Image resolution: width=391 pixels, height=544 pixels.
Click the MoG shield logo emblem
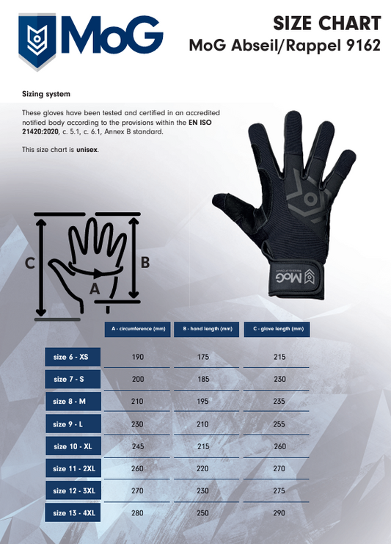pyautogui.click(x=37, y=41)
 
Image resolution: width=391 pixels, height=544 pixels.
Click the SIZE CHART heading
pyautogui.click(x=327, y=23)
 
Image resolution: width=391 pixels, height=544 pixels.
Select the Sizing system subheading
pyautogui.click(x=46, y=94)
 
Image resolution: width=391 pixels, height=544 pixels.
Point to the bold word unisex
pyautogui.click(x=87, y=150)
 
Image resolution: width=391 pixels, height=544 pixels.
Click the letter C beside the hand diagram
pyautogui.click(x=30, y=264)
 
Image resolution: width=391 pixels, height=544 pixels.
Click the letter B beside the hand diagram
pyautogui.click(x=145, y=262)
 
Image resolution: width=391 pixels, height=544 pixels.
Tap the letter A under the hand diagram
pyautogui.click(x=95, y=289)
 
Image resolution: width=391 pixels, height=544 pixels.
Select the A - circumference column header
pyautogui.click(x=138, y=329)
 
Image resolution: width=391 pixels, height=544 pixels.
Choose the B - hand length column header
pyautogui.click(x=207, y=329)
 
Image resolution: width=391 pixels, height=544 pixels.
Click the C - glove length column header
pyautogui.click(x=277, y=329)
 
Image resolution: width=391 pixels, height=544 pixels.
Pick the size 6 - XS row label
pyautogui.click(x=73, y=357)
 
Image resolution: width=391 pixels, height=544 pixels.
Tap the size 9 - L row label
pyautogui.click(x=73, y=424)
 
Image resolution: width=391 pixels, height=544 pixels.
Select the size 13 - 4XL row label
pyautogui.click(x=73, y=512)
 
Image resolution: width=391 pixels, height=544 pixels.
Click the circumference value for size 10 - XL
pyautogui.click(x=138, y=446)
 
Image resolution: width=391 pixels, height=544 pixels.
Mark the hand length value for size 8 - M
pyautogui.click(x=202, y=402)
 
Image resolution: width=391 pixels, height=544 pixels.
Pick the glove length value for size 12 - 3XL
pyautogui.click(x=279, y=490)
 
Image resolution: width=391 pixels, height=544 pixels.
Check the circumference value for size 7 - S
pyautogui.click(x=138, y=380)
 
